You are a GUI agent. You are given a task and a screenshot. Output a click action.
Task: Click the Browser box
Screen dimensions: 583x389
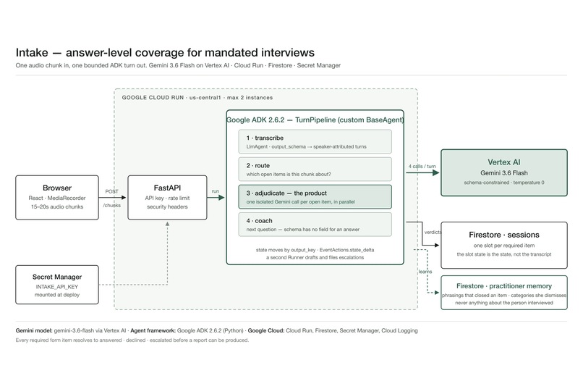[x=57, y=197]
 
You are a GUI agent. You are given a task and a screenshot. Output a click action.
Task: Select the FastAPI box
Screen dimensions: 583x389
[x=167, y=197]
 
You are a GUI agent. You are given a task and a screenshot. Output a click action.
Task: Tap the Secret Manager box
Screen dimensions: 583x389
[x=57, y=285]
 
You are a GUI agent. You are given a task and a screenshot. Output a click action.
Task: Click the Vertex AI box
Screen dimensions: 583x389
[x=504, y=172]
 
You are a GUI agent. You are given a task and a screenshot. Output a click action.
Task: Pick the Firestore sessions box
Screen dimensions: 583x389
[x=504, y=245]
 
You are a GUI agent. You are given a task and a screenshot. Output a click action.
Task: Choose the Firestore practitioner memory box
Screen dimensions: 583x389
[x=504, y=293]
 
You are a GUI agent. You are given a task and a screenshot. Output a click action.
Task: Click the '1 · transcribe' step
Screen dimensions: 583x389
[x=315, y=141]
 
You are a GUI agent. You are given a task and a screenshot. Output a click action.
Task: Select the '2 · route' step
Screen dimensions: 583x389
[x=315, y=169]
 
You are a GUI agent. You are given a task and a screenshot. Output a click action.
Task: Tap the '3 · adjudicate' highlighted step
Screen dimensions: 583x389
[x=315, y=196]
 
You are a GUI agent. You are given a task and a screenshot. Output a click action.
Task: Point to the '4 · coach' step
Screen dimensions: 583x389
[x=315, y=224]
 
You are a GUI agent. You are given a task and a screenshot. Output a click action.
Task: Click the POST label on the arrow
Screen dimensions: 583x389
[x=111, y=191]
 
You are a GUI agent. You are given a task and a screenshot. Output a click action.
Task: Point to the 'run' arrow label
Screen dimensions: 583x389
[x=216, y=191]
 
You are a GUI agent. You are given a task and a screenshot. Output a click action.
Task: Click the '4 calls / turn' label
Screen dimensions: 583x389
[x=422, y=167]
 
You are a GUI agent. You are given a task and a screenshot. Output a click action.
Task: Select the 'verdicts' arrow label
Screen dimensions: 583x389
[x=433, y=233]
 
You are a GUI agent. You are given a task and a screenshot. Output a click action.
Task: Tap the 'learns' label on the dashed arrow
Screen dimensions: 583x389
[x=425, y=272]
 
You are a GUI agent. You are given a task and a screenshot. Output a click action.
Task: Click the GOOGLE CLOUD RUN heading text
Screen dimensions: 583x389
[x=153, y=98]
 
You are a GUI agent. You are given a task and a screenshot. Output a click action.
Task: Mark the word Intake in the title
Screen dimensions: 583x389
[x=32, y=52]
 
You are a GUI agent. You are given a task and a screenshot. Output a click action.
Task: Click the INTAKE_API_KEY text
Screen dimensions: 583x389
[x=57, y=287]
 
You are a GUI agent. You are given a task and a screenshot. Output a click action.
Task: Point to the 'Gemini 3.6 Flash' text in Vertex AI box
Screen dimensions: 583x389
[x=504, y=172]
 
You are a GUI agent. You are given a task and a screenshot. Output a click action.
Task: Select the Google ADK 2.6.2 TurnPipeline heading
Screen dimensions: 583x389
[x=315, y=120]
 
